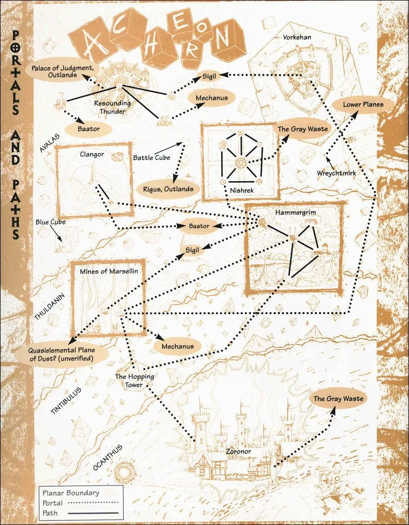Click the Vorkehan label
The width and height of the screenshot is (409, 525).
(297, 37)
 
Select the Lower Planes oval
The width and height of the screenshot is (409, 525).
(363, 104)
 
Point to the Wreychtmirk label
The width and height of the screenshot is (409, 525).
(336, 173)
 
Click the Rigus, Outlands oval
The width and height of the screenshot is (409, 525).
(168, 189)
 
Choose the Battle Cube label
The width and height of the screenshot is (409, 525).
(152, 157)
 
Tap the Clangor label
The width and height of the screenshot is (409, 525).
(92, 155)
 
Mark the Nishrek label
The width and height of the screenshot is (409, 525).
(242, 191)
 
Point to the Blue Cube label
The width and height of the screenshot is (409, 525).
(50, 222)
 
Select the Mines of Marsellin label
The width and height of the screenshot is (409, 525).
(109, 271)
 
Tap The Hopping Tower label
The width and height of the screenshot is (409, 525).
(134, 381)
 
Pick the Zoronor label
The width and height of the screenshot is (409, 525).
(238, 451)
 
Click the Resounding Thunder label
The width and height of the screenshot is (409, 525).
(113, 107)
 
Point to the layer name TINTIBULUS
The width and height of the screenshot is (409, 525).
(66, 401)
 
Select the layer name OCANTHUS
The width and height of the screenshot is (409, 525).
(108, 457)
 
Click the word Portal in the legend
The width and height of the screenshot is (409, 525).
(52, 503)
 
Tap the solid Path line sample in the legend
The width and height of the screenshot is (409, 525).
(93, 513)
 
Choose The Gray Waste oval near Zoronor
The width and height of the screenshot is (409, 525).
(338, 398)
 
